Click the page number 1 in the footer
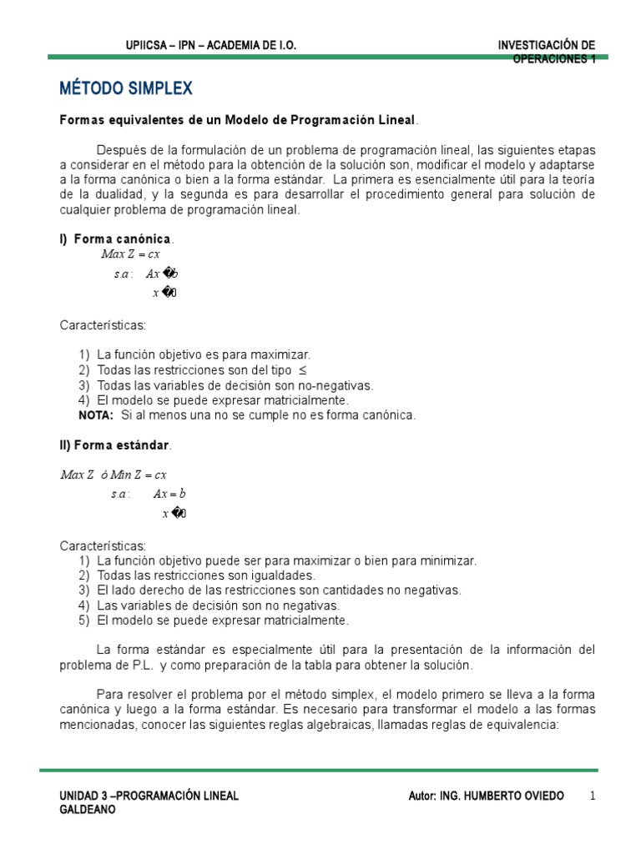coord(593,796)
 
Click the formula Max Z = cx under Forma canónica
coord(130,255)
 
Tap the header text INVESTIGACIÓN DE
coord(547,44)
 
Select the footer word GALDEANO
coord(88,810)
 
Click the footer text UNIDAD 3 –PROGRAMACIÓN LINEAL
coord(149,796)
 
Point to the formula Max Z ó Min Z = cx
coord(114,475)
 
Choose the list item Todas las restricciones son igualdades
coord(206,575)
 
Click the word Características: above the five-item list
coord(102,545)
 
